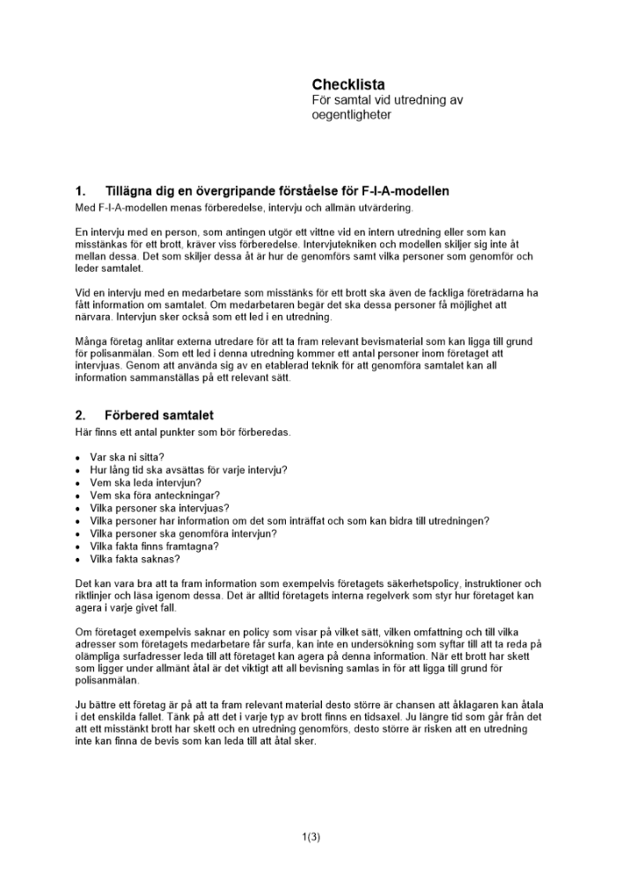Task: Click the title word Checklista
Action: pos(348,84)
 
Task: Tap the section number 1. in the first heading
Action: pos(81,191)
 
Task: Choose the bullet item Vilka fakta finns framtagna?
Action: pos(154,546)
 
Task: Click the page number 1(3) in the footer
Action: pos(311,837)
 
